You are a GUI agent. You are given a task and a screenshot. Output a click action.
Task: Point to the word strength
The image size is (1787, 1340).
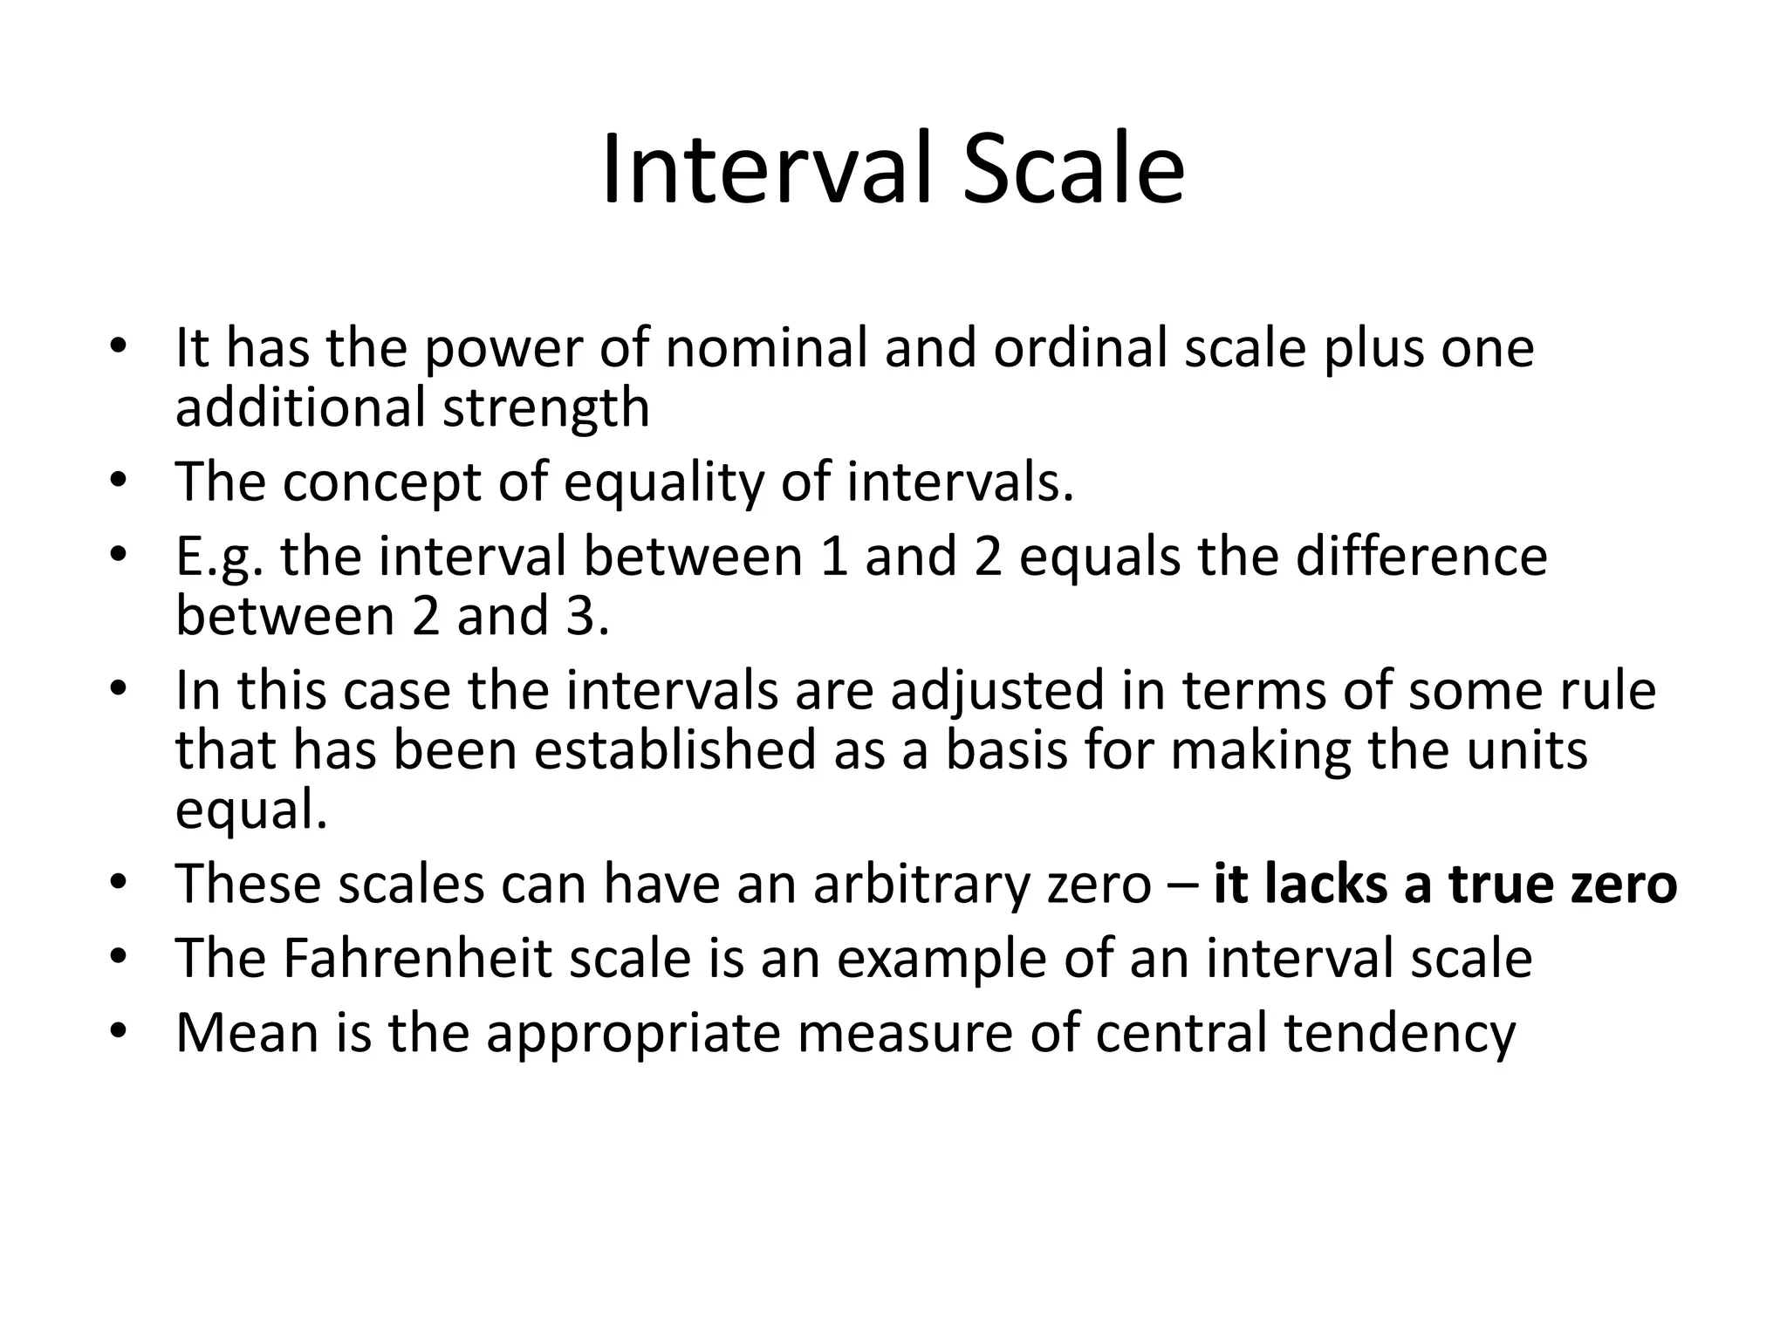[545, 408]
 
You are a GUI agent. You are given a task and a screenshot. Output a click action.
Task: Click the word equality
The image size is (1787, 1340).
[663, 483]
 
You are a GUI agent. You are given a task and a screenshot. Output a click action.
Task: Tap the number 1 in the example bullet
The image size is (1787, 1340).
[834, 557]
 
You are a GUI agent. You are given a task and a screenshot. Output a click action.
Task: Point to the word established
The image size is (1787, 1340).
[674, 750]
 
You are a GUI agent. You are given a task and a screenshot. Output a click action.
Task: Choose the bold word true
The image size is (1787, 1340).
[1501, 884]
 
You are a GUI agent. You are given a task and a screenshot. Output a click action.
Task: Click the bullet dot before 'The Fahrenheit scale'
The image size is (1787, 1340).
[119, 958]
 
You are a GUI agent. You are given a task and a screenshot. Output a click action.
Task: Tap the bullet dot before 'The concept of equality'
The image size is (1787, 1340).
[119, 482]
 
